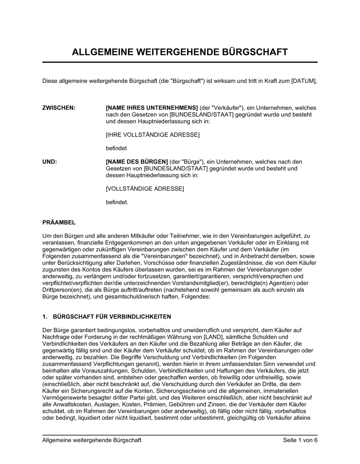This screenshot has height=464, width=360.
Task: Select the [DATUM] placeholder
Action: (304, 81)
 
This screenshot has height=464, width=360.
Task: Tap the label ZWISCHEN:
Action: (59, 108)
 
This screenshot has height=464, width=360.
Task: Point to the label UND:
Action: (50, 162)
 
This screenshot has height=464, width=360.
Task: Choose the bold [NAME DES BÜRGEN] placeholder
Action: (137, 162)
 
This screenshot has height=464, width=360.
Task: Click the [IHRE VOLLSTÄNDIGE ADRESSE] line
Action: (152, 135)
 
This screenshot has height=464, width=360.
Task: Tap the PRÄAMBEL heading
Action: (59, 223)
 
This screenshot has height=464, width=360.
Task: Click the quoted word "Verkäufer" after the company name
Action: (229, 108)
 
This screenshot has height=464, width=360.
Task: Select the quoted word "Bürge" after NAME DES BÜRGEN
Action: (194, 162)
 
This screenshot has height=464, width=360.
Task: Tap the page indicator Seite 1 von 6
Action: (300, 440)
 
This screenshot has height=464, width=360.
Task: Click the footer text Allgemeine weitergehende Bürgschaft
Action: (92, 440)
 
